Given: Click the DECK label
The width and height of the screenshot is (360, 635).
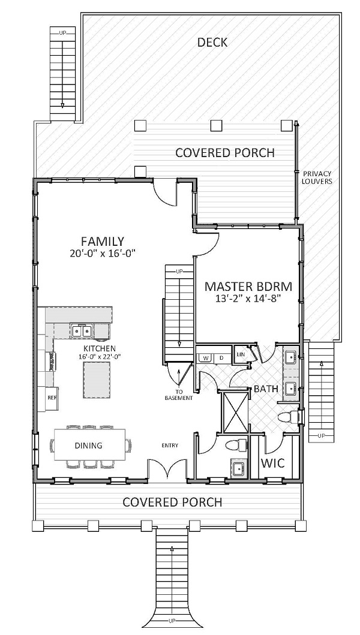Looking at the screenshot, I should point(212,42).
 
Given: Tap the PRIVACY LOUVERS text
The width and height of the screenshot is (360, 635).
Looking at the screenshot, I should point(316,177).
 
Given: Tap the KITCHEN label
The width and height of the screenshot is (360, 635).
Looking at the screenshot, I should point(100,348).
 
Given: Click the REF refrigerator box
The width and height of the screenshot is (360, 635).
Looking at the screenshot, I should point(52,397).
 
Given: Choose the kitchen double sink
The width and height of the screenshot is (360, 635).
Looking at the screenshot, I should point(81,330).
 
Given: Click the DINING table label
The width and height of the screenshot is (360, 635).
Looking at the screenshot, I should point(88,446).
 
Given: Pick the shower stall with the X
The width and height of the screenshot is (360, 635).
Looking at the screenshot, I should point(235,411).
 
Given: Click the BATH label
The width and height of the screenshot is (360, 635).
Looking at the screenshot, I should point(266,389).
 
